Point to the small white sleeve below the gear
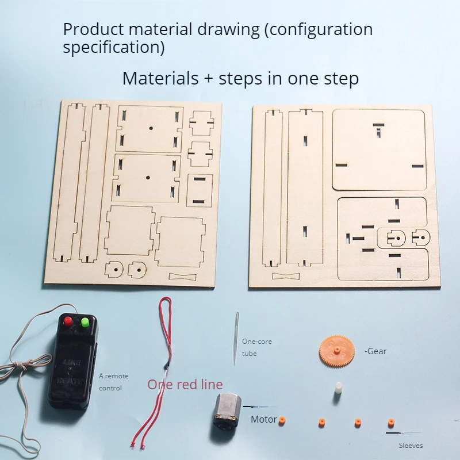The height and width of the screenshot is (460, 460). [x=338, y=389]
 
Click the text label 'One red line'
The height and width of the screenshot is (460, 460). [x=185, y=385]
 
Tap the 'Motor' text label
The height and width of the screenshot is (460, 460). [x=263, y=419]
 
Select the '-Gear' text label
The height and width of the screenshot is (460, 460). [x=375, y=351]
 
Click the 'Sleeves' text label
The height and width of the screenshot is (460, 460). [x=411, y=445]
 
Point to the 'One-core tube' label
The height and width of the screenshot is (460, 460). [x=256, y=347]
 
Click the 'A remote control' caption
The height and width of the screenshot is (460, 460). [x=114, y=382]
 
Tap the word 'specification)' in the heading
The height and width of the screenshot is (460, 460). [x=113, y=47]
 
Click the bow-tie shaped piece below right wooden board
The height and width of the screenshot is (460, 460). [x=286, y=276]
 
